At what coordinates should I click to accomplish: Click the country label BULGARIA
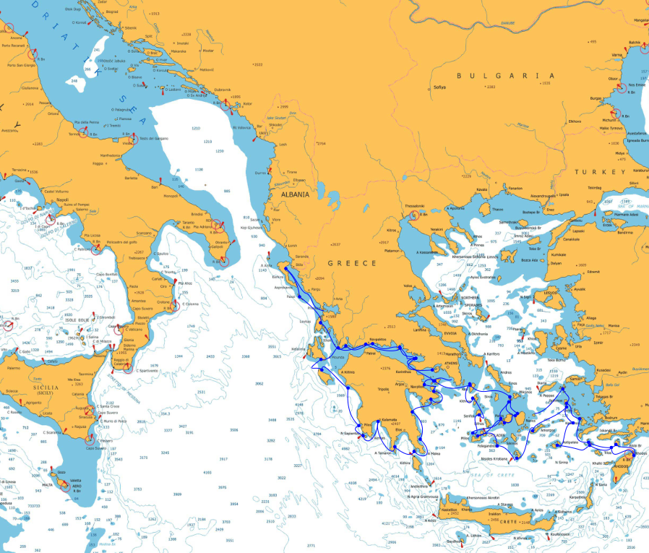click(x=505, y=75)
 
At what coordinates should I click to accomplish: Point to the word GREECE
click(x=353, y=263)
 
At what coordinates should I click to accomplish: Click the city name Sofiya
click(x=440, y=87)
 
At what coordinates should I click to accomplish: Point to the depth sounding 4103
click(x=207, y=472)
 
